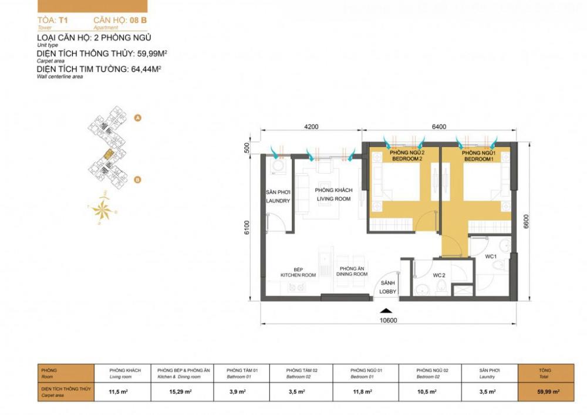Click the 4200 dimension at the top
[x=311, y=126]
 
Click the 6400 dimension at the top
[x=438, y=126]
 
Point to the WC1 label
[x=491, y=257]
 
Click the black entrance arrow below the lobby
[x=385, y=311]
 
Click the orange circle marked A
[x=137, y=118]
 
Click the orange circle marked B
[x=137, y=180]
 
